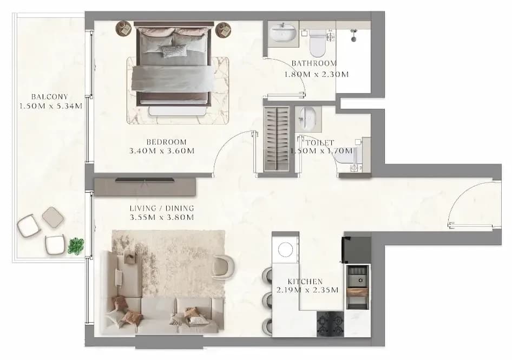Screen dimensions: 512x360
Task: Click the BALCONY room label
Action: pyautogui.click(x=50, y=97)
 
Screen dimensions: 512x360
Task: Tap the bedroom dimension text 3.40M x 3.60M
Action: pyautogui.click(x=162, y=151)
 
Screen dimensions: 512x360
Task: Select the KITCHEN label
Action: pyautogui.click(x=305, y=282)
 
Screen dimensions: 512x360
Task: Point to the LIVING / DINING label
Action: pyautogui.click(x=162, y=208)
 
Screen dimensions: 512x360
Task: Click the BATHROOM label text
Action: pyautogui.click(x=314, y=63)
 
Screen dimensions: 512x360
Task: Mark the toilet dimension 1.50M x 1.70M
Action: pyautogui.click(x=321, y=150)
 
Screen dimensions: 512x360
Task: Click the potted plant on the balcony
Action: pyautogui.click(x=76, y=246)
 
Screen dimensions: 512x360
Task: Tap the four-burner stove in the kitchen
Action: pyautogui.click(x=330, y=324)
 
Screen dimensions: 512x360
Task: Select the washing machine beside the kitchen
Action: pyautogui.click(x=286, y=250)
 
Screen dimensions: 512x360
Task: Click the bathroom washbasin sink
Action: pyautogui.click(x=283, y=33)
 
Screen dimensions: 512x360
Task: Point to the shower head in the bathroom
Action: pyautogui.click(x=353, y=35)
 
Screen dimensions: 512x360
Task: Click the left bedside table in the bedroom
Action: pyautogui.click(x=123, y=29)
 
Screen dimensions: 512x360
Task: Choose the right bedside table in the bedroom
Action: pyautogui.click(x=223, y=30)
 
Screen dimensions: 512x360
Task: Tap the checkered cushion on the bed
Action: pyautogui.click(x=174, y=51)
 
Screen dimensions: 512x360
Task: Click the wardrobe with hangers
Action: pyautogui.click(x=277, y=138)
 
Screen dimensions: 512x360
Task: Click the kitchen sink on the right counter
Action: pyautogui.click(x=358, y=276)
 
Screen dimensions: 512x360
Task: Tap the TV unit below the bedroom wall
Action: pyautogui.click(x=145, y=187)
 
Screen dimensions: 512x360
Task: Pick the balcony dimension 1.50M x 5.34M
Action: pyautogui.click(x=51, y=106)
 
